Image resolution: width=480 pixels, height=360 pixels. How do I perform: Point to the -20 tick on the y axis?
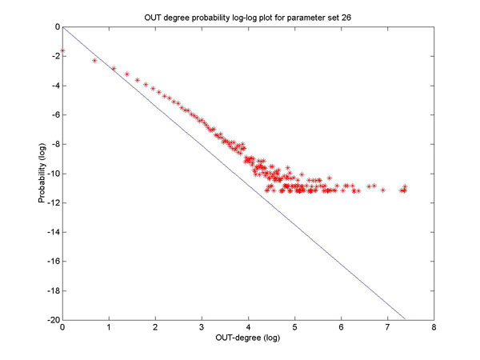click(54, 320)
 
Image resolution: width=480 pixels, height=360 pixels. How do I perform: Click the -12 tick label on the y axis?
click(54, 203)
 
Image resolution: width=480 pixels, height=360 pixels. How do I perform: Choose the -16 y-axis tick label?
click(54, 262)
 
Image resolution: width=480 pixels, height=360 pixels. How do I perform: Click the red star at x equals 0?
click(62, 50)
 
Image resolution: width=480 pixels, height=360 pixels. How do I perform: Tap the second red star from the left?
click(94, 60)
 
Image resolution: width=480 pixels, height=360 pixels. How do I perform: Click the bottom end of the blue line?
click(406, 320)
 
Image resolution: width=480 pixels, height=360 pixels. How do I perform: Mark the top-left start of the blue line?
click(63, 28)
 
